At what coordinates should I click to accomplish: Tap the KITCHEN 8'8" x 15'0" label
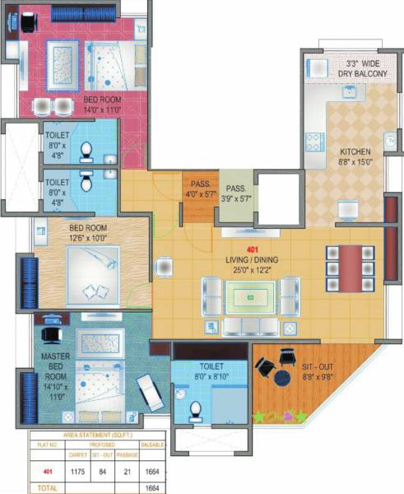[355, 157]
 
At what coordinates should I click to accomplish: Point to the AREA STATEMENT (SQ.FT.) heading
[97, 436]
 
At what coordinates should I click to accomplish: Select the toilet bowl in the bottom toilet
[195, 408]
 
